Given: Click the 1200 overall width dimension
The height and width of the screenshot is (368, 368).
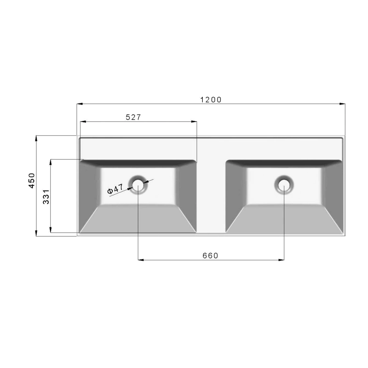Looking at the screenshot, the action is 211,100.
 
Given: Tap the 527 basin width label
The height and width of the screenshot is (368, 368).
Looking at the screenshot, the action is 133,117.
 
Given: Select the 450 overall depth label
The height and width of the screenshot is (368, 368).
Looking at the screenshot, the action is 32,181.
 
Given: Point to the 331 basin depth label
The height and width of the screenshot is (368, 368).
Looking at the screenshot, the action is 46,197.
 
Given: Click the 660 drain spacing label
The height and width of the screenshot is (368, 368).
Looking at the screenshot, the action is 211,256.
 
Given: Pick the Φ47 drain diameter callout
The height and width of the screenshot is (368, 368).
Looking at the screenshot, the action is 115,189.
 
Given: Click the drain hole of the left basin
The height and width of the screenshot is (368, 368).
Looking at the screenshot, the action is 138,185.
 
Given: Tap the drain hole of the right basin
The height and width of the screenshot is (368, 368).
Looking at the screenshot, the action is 284,185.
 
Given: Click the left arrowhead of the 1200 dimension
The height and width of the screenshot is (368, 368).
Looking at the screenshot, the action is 80,104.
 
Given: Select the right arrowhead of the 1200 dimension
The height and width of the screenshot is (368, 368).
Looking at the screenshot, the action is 342,104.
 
